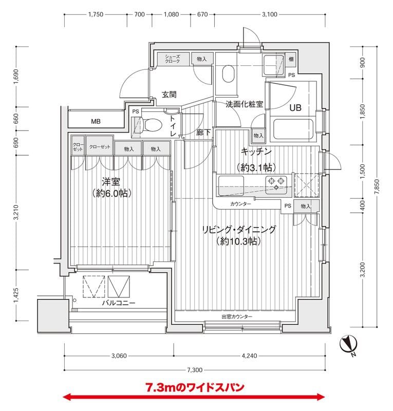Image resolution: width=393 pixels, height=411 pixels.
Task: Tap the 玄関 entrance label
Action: pos(170,95)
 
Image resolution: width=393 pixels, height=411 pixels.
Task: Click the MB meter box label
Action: pos(96,122)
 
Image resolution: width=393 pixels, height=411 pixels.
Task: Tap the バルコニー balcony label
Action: pos(118,304)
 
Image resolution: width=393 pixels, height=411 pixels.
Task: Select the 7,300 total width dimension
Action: pos(195,370)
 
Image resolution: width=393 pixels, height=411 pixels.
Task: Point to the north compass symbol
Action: pos(349,345)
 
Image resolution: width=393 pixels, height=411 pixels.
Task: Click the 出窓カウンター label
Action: pos(237,317)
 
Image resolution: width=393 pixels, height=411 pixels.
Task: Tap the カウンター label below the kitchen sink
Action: pos(241,204)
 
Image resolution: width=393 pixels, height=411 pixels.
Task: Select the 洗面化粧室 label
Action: pos(245,104)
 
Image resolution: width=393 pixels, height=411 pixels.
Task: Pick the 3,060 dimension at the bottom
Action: pos(119,355)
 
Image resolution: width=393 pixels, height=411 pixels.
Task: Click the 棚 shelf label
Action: pos(291,60)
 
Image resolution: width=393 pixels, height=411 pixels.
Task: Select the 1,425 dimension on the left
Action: pos(17,296)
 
